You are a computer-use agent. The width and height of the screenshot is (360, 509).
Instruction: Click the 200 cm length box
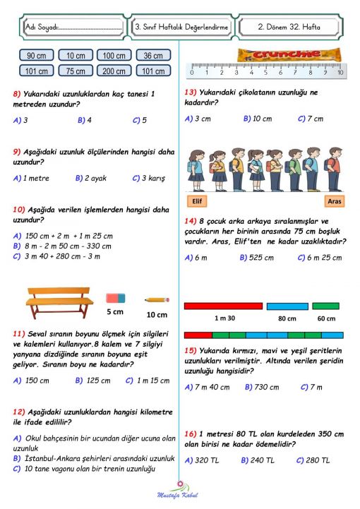click(x=114, y=71)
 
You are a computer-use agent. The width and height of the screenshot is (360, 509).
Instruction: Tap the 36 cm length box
click(x=152, y=55)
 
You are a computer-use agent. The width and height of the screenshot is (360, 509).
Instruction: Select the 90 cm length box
click(x=36, y=55)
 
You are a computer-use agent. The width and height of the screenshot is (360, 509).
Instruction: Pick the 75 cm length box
click(x=76, y=71)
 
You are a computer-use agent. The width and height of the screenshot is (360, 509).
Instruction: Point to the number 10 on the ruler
click(x=340, y=72)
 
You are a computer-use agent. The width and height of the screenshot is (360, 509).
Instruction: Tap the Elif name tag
click(x=197, y=201)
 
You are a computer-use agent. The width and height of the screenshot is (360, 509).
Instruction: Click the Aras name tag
click(x=335, y=201)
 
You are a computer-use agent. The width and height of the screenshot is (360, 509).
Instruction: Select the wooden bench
click(x=59, y=301)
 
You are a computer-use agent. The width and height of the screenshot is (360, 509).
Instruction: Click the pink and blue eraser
click(x=115, y=299)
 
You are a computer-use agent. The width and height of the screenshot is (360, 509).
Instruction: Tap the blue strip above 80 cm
click(x=287, y=306)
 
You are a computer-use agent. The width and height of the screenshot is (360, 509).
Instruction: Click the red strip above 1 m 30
click(x=223, y=306)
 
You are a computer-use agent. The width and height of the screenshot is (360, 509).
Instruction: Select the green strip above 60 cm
click(x=325, y=306)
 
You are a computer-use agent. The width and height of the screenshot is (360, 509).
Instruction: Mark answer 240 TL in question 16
click(x=260, y=460)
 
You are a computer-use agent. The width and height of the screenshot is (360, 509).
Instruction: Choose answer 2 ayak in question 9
click(x=91, y=178)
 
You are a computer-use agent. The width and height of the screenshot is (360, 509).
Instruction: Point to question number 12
click(x=19, y=411)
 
